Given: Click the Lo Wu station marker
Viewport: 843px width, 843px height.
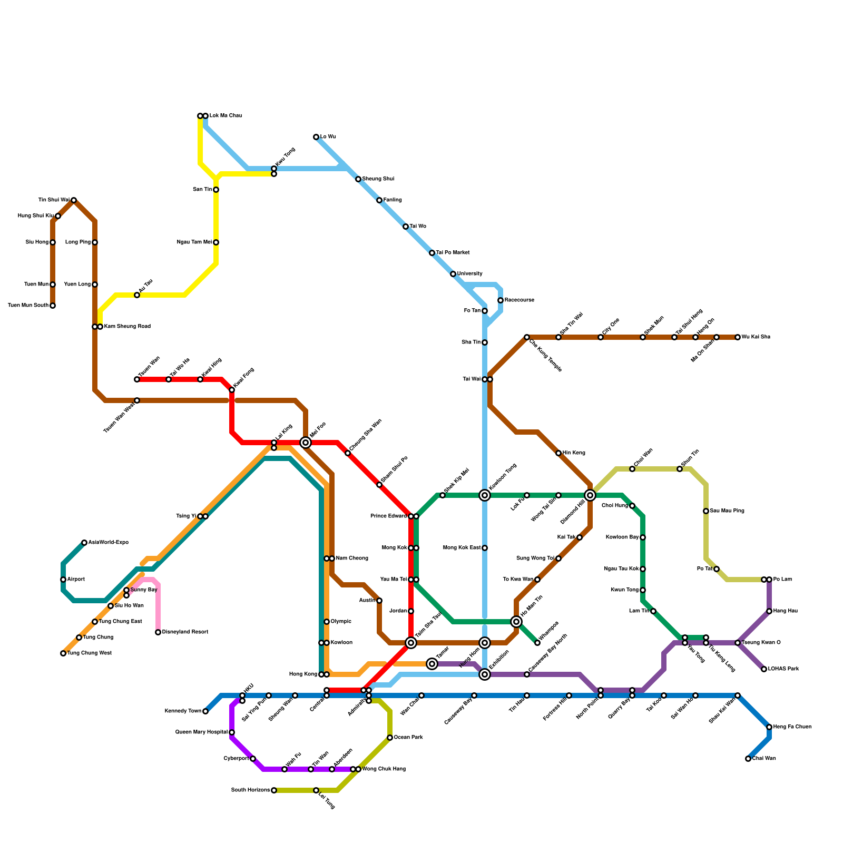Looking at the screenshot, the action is tap(316, 137).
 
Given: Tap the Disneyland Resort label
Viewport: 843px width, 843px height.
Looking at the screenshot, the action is tap(185, 632).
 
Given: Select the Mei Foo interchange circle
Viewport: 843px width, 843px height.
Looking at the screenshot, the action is tap(306, 443).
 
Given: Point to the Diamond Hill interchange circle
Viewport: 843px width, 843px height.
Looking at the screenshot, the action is tap(590, 495).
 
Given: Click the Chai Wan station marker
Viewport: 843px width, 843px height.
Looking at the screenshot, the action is tap(748, 759).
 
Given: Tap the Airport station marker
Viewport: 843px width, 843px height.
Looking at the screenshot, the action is tap(63, 580).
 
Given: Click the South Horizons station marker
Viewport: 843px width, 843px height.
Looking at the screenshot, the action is tap(274, 790).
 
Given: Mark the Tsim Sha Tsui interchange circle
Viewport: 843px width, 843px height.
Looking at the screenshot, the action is tap(411, 643).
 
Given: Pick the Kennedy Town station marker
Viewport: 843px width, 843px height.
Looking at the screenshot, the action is tap(205, 711).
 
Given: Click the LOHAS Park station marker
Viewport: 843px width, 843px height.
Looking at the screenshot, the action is tap(764, 669).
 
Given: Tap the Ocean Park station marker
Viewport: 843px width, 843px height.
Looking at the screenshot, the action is tap(390, 738).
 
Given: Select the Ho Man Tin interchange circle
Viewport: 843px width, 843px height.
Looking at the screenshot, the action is tap(516, 622).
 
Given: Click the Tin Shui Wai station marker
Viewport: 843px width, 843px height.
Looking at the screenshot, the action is tap(74, 200).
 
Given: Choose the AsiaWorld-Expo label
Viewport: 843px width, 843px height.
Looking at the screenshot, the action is tap(108, 543).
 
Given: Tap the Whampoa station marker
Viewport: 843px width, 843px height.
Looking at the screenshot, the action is tap(537, 643).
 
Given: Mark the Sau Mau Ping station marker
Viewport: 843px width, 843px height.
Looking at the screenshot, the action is tap(706, 511).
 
